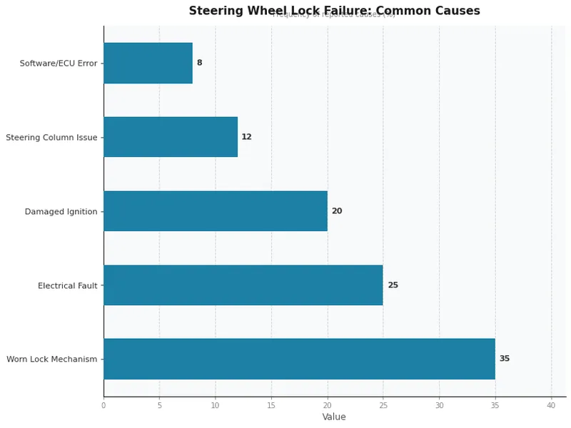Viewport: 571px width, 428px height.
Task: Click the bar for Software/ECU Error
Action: (148, 63)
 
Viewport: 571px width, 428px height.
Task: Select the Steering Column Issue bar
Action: (170, 137)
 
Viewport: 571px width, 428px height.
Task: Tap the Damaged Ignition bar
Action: (215, 211)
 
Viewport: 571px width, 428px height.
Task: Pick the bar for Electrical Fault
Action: (243, 285)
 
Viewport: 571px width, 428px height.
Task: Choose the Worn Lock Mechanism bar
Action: (299, 359)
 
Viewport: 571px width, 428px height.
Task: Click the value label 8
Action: (199, 63)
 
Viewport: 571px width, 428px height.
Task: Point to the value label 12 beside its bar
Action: (246, 137)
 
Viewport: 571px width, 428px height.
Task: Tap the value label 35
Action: (504, 359)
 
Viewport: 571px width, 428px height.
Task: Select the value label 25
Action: (393, 285)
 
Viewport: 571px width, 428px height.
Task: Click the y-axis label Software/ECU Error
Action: (59, 63)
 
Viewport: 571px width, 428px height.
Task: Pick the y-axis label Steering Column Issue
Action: (51, 138)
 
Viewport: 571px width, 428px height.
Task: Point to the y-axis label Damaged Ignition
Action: (61, 212)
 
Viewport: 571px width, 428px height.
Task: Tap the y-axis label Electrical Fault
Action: (67, 286)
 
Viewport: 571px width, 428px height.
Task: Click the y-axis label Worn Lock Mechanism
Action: (51, 360)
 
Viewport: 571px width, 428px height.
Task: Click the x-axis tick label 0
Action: (103, 405)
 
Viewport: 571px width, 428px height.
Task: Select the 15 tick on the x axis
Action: (271, 405)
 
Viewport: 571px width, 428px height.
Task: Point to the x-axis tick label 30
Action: (439, 405)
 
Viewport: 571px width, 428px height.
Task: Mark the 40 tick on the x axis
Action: (551, 405)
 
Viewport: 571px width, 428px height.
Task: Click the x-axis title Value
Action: (334, 417)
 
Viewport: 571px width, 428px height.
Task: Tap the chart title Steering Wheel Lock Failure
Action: (334, 11)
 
